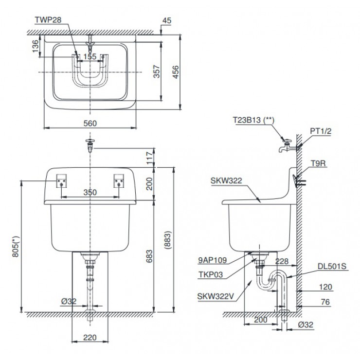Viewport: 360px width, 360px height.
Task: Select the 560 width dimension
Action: (89, 124)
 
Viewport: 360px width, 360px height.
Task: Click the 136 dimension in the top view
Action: (35, 46)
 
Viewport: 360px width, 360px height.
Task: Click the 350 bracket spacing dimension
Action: (89, 193)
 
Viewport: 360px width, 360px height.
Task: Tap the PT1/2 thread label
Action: (321, 131)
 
